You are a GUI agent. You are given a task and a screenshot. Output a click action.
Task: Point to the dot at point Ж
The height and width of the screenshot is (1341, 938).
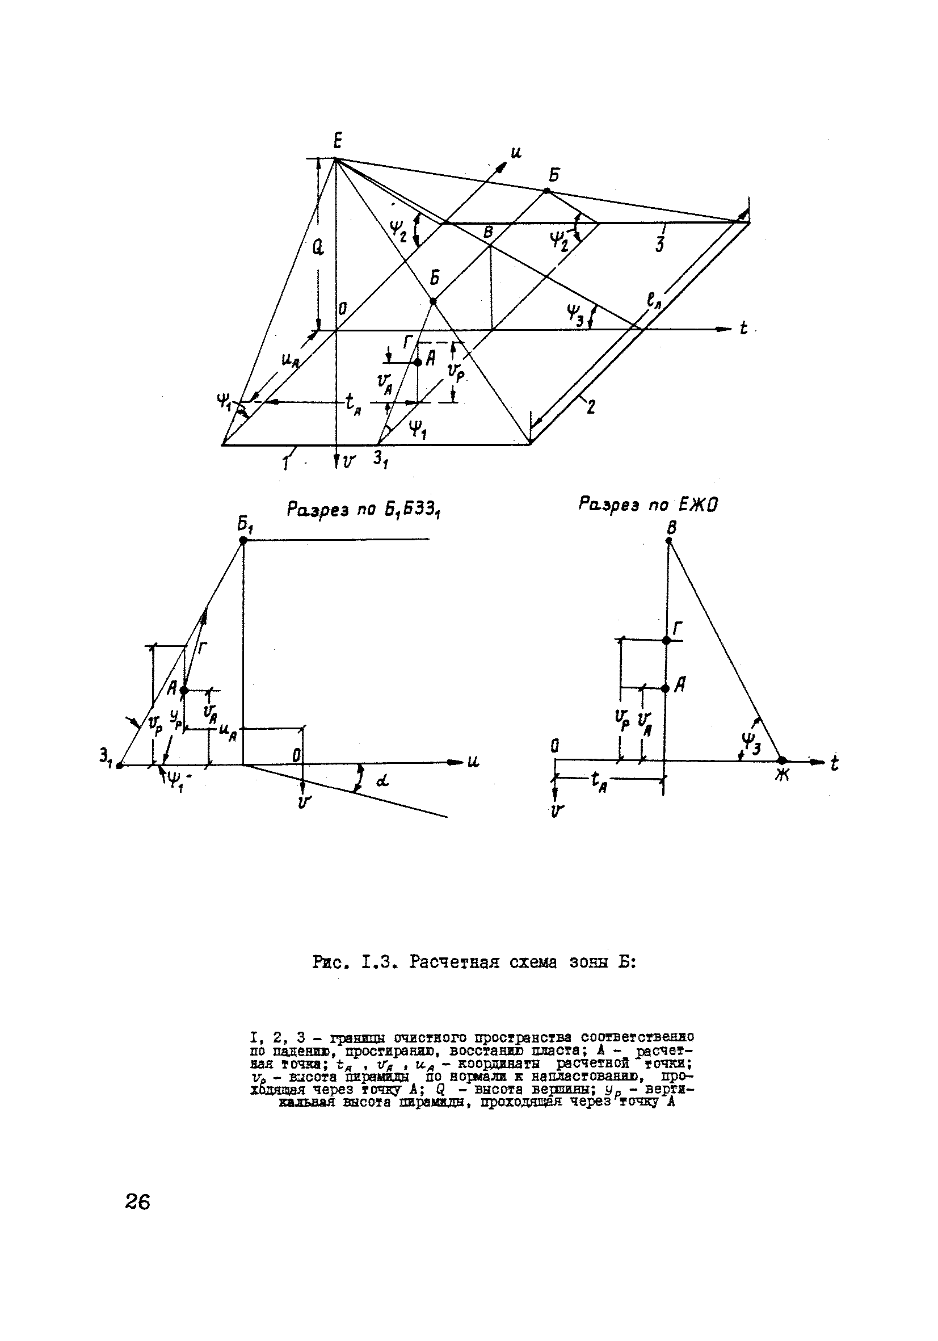click(x=781, y=760)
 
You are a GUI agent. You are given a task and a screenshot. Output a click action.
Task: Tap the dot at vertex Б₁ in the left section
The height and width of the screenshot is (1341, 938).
click(x=243, y=541)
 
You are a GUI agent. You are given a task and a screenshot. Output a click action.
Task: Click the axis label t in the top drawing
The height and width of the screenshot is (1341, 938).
click(x=743, y=329)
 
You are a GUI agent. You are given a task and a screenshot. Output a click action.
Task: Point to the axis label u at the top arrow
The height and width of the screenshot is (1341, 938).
click(x=516, y=153)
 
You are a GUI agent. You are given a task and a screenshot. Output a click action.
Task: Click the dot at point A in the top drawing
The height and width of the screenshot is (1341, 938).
click(x=418, y=362)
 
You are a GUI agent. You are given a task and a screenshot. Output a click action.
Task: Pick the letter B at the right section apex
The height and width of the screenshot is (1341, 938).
click(x=672, y=528)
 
